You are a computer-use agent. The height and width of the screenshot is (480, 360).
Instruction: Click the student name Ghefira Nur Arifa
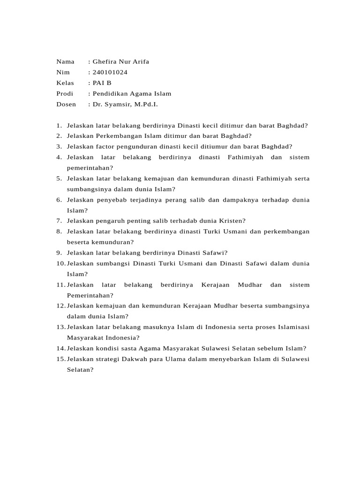(121, 61)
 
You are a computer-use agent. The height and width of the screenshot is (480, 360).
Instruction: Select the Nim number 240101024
(110, 72)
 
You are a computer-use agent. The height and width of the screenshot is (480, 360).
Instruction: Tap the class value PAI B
(102, 83)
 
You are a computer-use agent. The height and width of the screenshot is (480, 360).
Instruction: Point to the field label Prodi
(65, 94)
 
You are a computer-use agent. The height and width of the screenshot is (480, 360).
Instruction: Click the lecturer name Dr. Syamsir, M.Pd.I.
(126, 104)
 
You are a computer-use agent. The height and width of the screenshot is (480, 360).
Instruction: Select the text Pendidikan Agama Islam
(132, 94)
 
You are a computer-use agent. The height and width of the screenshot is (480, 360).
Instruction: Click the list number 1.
(58, 126)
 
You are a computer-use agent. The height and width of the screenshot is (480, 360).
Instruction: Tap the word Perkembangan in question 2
(119, 136)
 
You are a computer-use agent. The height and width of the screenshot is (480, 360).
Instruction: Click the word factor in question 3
(106, 147)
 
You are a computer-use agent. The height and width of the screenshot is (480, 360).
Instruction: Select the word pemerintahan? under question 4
(90, 168)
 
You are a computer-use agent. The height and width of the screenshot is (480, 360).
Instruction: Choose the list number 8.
(58, 232)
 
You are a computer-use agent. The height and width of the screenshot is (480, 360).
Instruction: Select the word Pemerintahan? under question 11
(90, 295)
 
